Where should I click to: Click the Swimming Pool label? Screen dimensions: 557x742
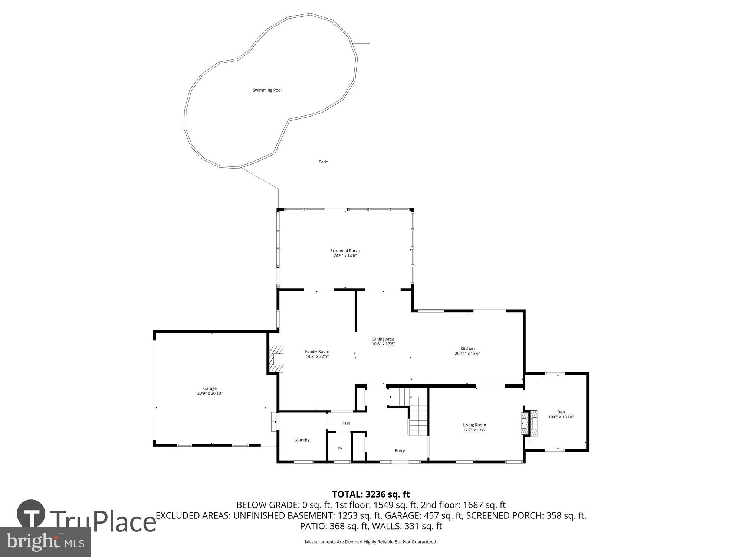point(267,90)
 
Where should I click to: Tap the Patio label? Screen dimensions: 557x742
point(323,162)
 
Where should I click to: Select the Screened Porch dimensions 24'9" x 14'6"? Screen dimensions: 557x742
point(345,256)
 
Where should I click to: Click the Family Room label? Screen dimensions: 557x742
point(317,351)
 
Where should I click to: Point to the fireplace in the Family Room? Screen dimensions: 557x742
point(276,359)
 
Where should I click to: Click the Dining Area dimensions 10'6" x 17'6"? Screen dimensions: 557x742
point(383,344)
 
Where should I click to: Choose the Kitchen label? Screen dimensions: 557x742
point(467,348)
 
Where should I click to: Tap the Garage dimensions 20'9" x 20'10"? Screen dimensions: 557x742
point(210,394)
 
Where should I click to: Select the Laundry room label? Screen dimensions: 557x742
point(302,440)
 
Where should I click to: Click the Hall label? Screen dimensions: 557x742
point(347,423)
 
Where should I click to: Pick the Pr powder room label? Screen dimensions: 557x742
point(340,449)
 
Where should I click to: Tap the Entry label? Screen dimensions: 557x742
point(400,451)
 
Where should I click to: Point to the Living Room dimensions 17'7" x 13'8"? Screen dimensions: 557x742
point(474,430)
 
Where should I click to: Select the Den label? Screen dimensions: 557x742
point(561,412)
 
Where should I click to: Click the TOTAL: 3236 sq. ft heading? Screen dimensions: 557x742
point(371,494)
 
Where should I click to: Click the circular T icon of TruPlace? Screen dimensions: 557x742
point(31,514)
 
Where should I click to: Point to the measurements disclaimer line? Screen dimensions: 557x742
point(371,542)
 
